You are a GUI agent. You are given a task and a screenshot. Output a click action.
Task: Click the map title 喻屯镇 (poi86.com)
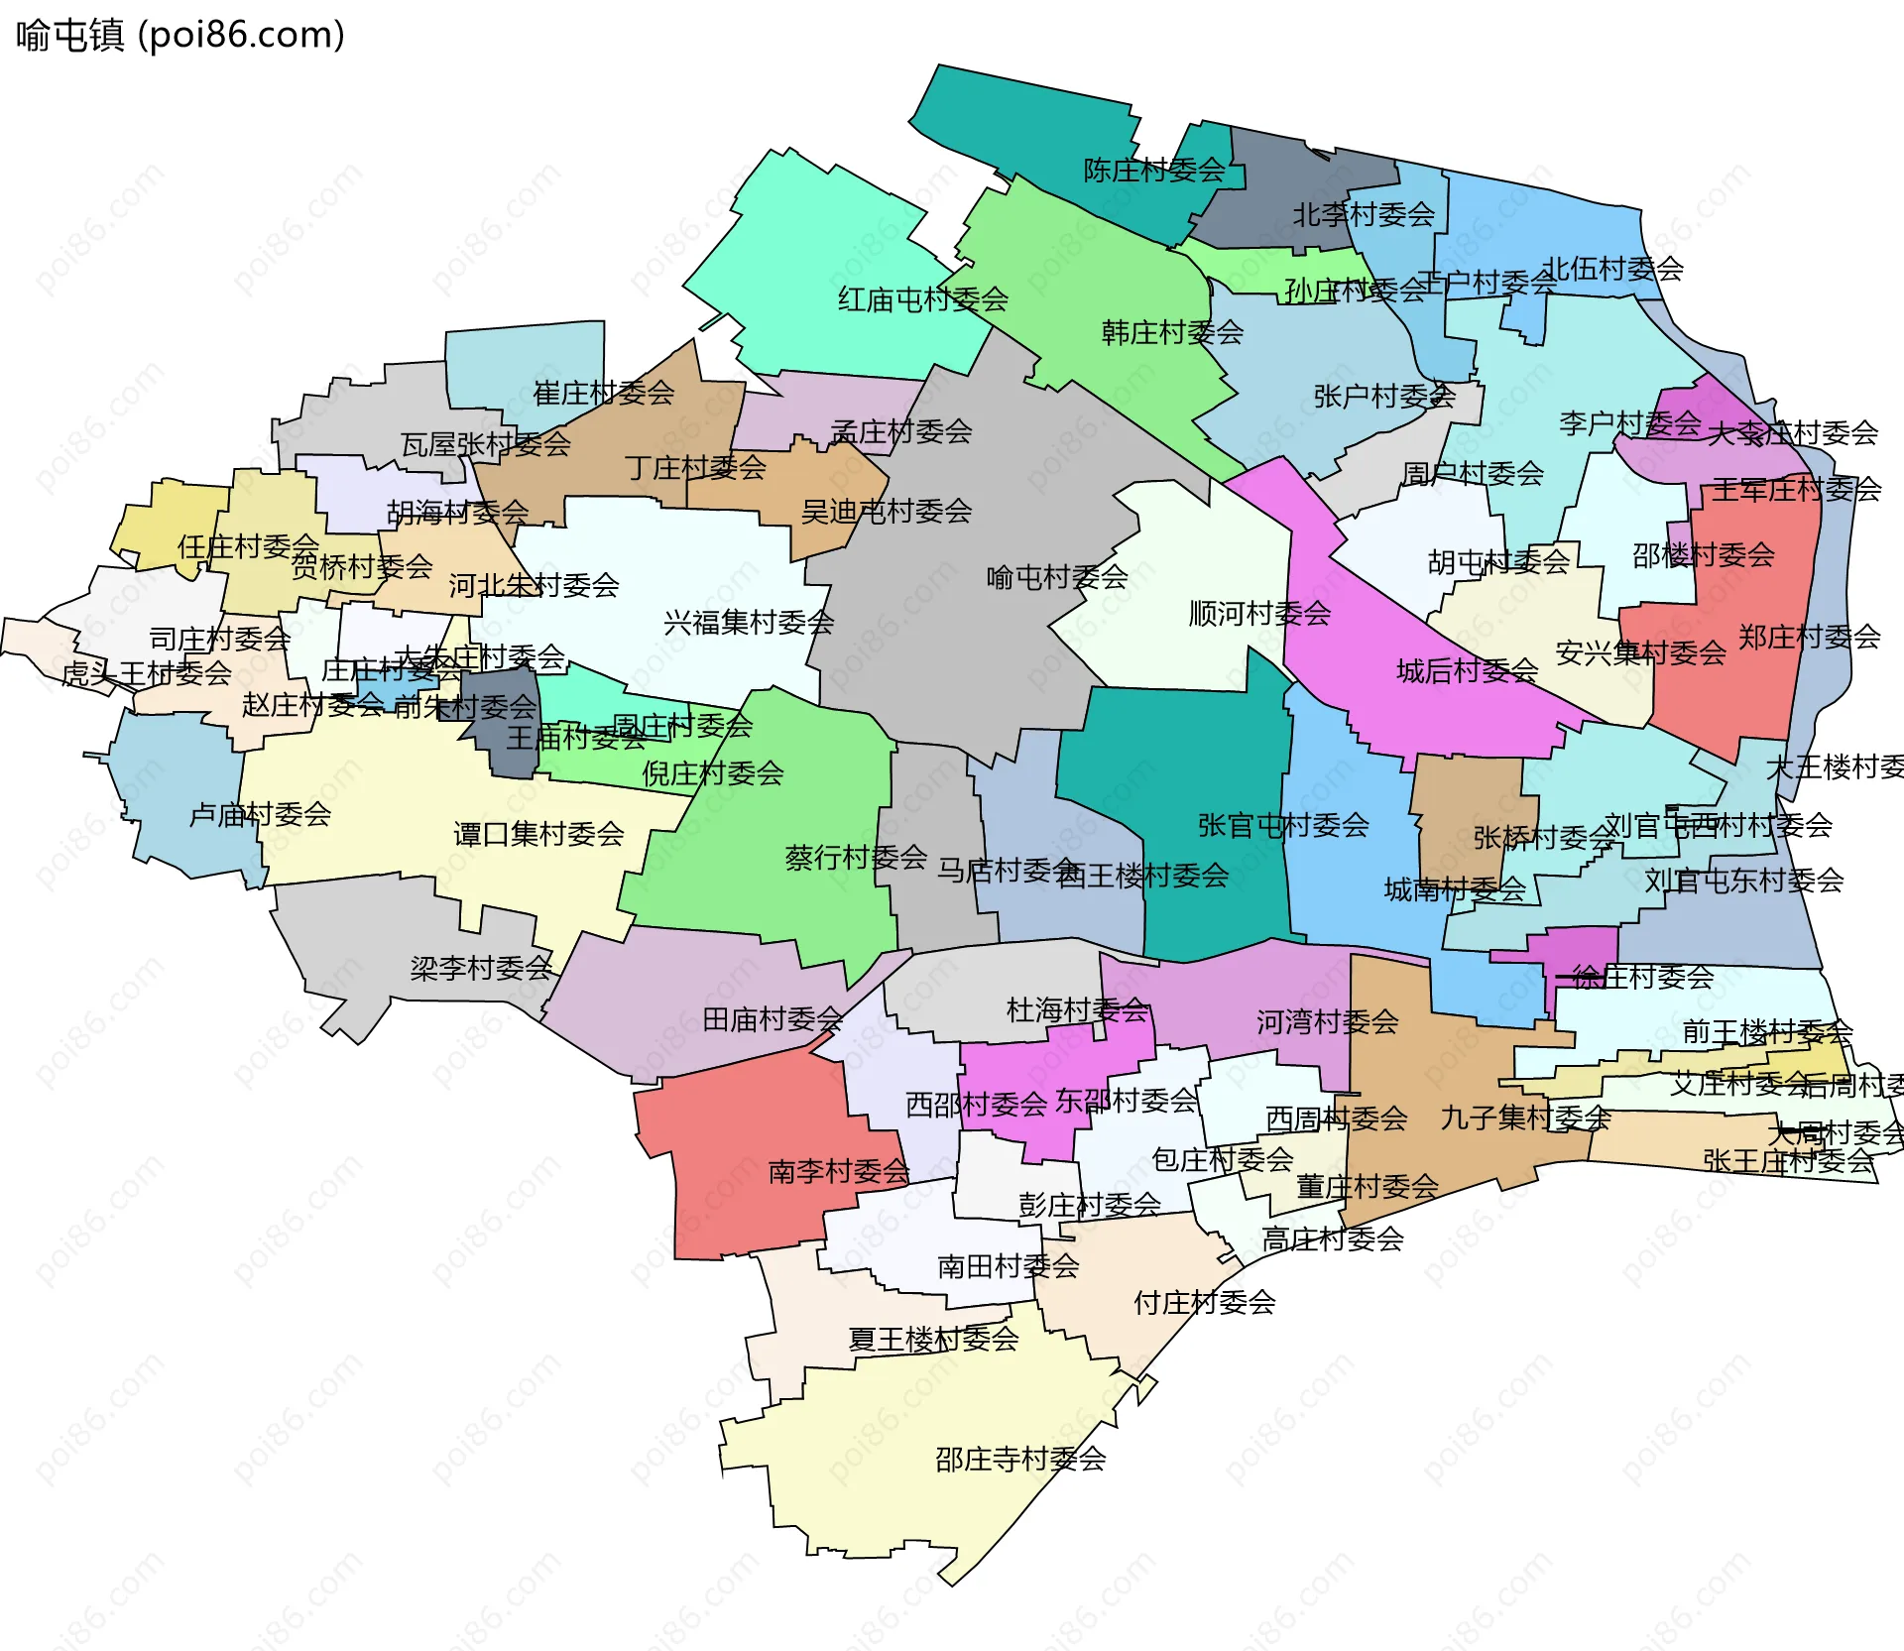click(180, 36)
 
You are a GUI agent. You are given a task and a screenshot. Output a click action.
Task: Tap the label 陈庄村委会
click(1153, 171)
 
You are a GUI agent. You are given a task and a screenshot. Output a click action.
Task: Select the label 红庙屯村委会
click(922, 299)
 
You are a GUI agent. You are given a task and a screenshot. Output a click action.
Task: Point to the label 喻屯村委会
click(1057, 577)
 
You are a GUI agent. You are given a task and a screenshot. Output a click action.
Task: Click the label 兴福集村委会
click(749, 623)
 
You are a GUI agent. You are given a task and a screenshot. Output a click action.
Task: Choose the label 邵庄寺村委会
click(1020, 1460)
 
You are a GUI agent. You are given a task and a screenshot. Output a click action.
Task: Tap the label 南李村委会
click(838, 1172)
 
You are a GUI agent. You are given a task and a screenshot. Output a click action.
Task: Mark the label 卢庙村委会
click(260, 815)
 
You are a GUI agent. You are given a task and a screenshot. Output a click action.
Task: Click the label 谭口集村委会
click(538, 834)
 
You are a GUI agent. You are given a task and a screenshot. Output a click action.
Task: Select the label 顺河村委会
click(1259, 614)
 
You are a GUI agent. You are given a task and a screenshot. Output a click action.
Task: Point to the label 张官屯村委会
click(1283, 825)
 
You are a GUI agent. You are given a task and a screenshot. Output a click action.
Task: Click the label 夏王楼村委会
click(933, 1340)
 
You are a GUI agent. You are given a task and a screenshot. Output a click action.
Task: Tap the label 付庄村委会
click(1204, 1303)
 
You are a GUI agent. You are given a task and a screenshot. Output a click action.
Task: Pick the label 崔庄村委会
click(603, 394)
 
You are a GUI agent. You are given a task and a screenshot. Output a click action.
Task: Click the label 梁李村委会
click(481, 968)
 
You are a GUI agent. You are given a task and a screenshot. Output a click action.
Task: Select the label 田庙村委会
click(773, 1019)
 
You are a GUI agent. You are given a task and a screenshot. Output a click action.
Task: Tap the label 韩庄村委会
click(1172, 333)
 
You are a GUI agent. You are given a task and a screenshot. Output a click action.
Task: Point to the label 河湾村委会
click(1327, 1022)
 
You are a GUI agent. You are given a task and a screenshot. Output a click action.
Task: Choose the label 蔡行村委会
click(856, 858)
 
